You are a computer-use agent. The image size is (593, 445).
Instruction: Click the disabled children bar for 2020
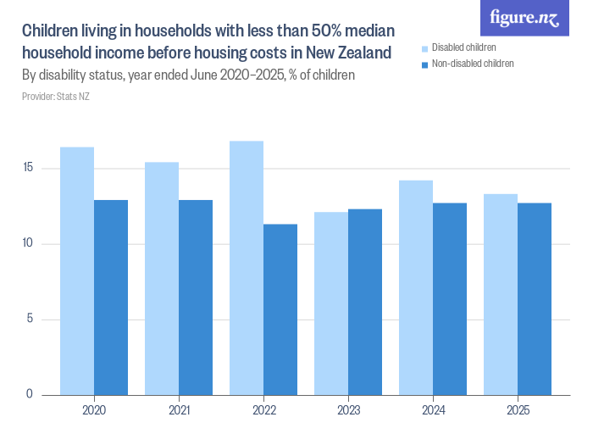pyautogui.click(x=77, y=271)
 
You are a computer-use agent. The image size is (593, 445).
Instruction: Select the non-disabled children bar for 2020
pyautogui.click(x=111, y=298)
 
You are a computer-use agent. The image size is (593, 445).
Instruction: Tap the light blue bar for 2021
pyautogui.click(x=162, y=279)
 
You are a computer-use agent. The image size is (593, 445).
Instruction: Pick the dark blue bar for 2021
pyautogui.click(x=196, y=298)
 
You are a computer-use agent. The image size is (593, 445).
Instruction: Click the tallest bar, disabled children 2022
pyautogui.click(x=247, y=268)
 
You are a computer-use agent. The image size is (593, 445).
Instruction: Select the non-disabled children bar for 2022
pyautogui.click(x=280, y=309)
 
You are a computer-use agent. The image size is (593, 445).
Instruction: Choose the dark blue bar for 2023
pyautogui.click(x=365, y=302)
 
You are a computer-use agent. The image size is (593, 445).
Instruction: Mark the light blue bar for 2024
pyautogui.click(x=416, y=287)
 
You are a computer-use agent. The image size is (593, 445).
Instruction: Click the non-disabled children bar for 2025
pyautogui.click(x=535, y=299)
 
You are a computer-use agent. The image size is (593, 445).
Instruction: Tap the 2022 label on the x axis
pyautogui.click(x=263, y=410)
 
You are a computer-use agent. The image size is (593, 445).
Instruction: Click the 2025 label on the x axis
pyautogui.click(x=518, y=410)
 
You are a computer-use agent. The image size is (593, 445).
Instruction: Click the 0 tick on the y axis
pyautogui.click(x=30, y=394)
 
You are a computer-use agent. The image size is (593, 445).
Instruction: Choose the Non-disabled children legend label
pyautogui.click(x=473, y=64)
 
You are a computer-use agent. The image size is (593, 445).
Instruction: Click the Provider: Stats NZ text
pyautogui.click(x=56, y=97)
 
